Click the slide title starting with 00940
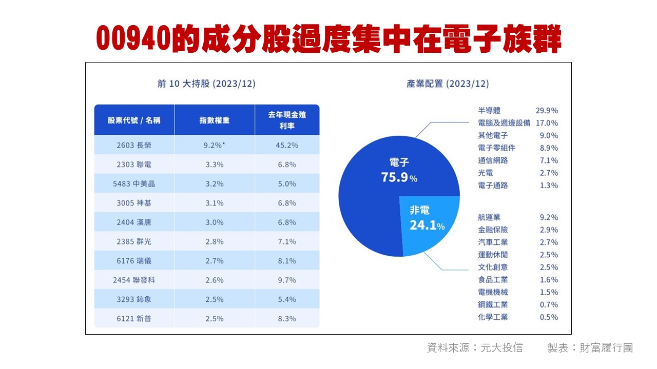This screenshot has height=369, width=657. (328, 39)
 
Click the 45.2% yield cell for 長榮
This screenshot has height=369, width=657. (287, 145)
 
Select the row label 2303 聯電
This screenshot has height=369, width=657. (134, 165)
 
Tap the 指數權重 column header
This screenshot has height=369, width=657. (215, 120)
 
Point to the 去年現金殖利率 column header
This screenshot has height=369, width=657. (287, 120)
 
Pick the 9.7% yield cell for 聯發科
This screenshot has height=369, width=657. (287, 280)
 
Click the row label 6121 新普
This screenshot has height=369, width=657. (134, 319)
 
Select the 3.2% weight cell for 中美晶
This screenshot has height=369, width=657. (214, 183)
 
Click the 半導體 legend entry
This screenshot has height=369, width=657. (489, 110)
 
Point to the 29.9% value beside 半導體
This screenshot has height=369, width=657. (547, 110)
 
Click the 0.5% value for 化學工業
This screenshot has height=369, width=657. (549, 317)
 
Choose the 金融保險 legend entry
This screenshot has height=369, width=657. (493, 230)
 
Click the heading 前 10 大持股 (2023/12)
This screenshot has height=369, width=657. (206, 84)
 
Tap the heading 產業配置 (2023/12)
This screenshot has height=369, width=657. (448, 84)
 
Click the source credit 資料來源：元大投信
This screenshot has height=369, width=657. (475, 348)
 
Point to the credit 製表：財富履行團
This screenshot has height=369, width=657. (590, 348)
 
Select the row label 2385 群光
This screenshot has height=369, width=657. (134, 241)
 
